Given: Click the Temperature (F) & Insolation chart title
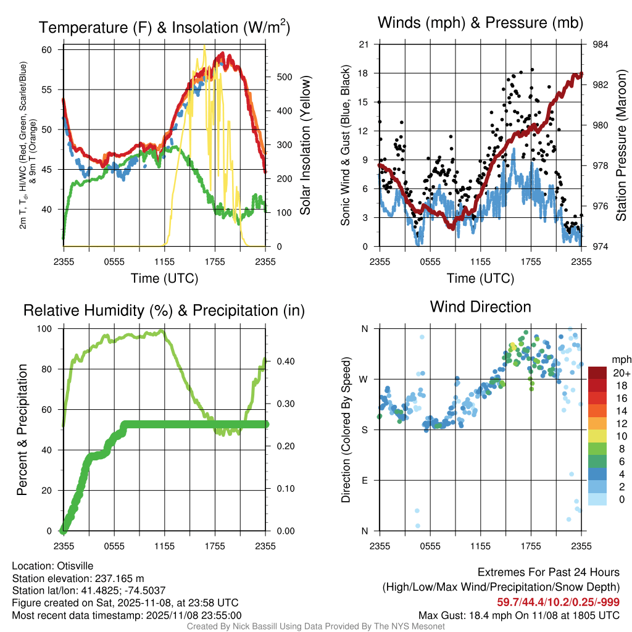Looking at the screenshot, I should tap(164, 28).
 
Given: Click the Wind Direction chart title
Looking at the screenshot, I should tap(480, 307).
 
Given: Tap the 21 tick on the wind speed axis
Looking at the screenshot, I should tap(364, 44).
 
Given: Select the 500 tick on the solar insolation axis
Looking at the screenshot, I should tap(283, 77).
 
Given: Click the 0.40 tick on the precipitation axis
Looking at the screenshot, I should tap(283, 362).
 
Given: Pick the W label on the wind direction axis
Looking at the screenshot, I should tap(364, 379).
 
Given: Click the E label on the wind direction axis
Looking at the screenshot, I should tap(364, 480).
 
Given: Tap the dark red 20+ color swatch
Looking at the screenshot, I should tap(598, 373).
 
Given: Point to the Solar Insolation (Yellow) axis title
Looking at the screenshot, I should tap(305, 145).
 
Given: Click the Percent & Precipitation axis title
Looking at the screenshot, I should tap(22, 430).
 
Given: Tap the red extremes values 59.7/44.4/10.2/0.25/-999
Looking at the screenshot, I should tap(558, 602).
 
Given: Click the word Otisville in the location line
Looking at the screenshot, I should tap(77, 565).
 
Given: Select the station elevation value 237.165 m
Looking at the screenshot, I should tap(119, 578).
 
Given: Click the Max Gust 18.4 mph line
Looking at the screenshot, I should tap(519, 615).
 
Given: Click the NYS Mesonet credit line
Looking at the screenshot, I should tap(315, 626).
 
